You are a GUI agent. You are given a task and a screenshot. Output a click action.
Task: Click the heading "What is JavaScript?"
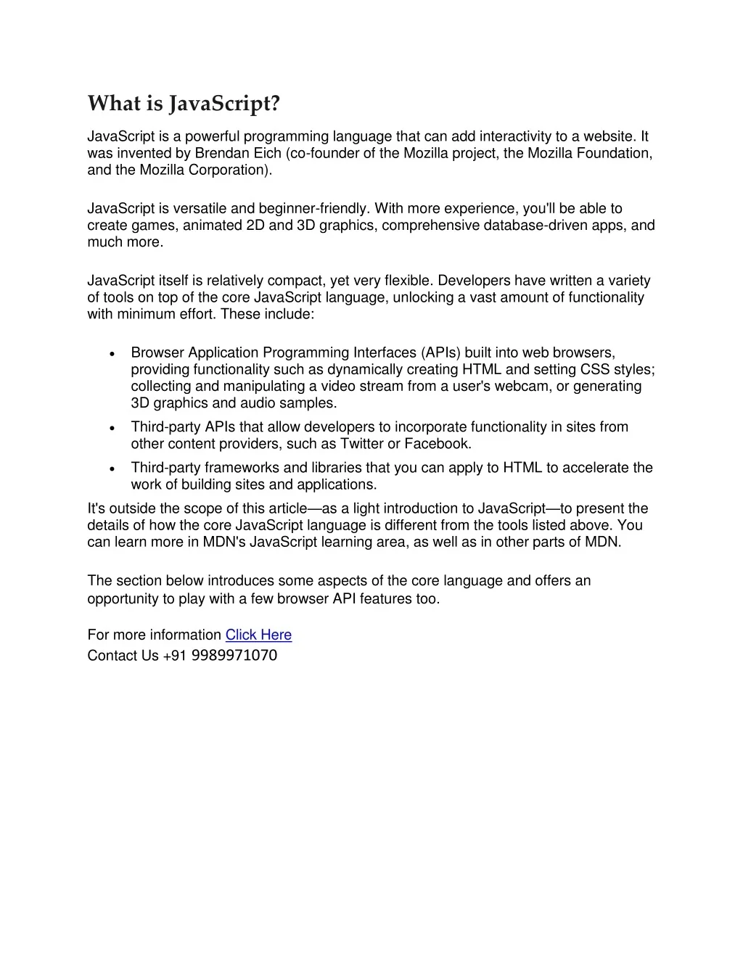[x=183, y=104]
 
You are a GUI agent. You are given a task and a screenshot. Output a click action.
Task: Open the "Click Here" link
[x=258, y=635]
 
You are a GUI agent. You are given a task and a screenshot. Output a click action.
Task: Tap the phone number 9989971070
[x=234, y=656]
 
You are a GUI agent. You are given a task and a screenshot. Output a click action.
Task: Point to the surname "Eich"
[x=267, y=153]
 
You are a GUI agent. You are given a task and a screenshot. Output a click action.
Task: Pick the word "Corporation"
[x=230, y=170]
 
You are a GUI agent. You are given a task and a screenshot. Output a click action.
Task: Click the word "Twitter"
[x=362, y=444]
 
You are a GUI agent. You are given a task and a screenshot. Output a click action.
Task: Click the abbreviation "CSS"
[x=595, y=370]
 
